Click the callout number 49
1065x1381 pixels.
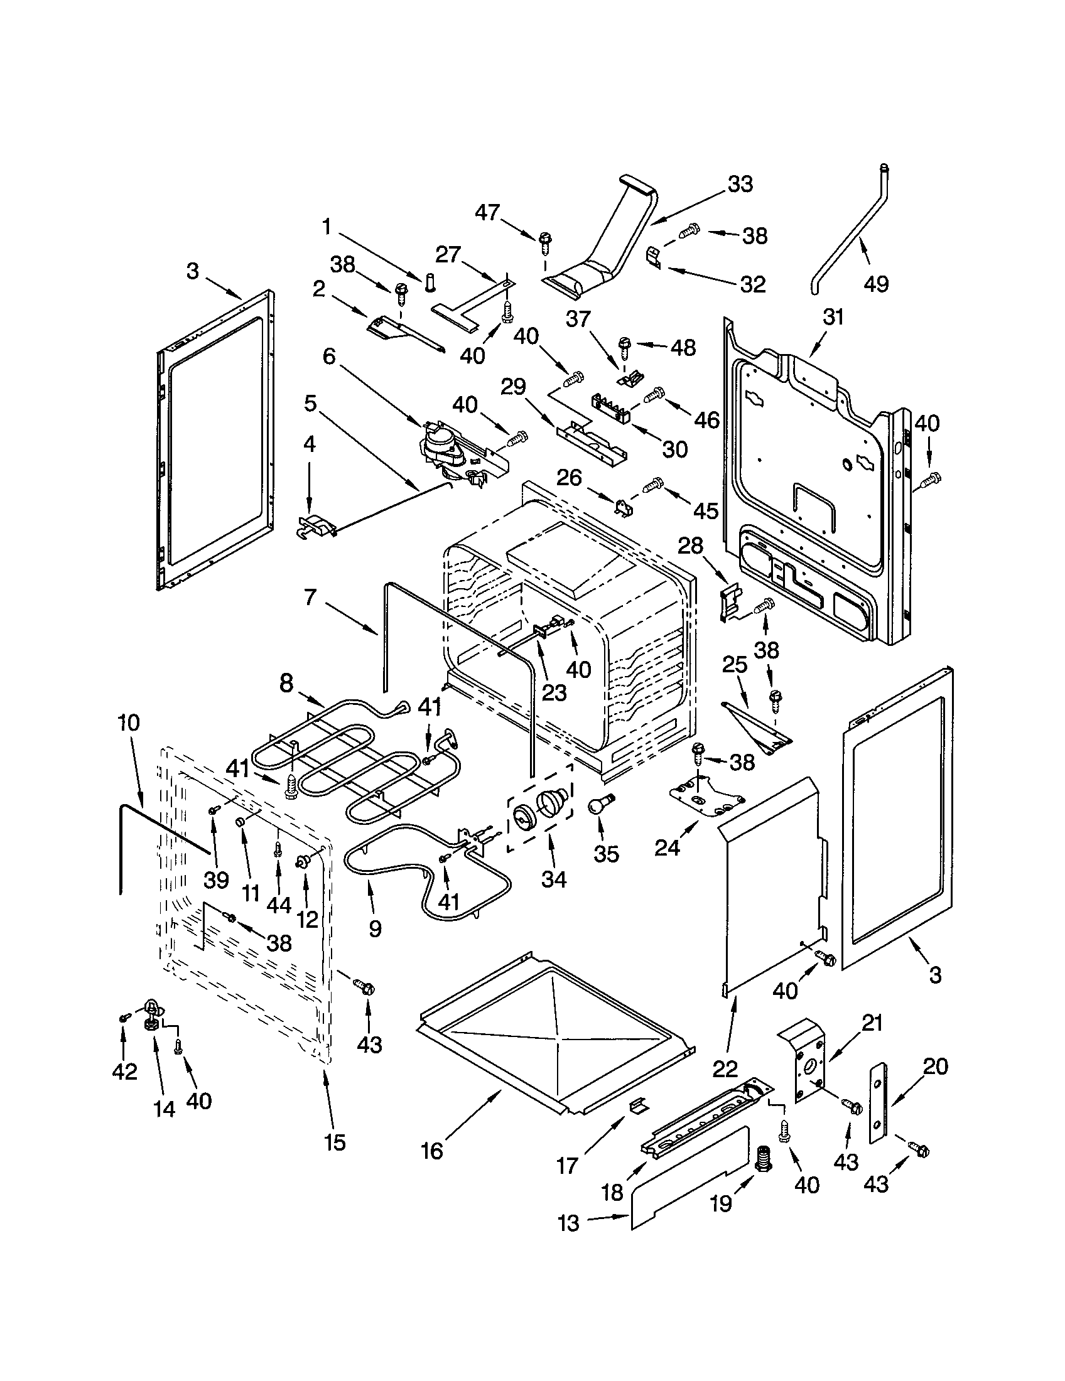(875, 284)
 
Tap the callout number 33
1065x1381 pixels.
(740, 185)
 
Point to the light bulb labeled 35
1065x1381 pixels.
(599, 805)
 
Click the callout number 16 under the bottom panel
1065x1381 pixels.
(432, 1151)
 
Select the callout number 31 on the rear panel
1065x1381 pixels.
(833, 317)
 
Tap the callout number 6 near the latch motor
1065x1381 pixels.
(329, 356)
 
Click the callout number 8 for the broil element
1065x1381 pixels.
(286, 684)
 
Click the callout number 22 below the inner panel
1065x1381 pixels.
(725, 1068)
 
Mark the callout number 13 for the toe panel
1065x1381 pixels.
(568, 1223)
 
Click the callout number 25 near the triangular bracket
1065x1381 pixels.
(735, 665)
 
